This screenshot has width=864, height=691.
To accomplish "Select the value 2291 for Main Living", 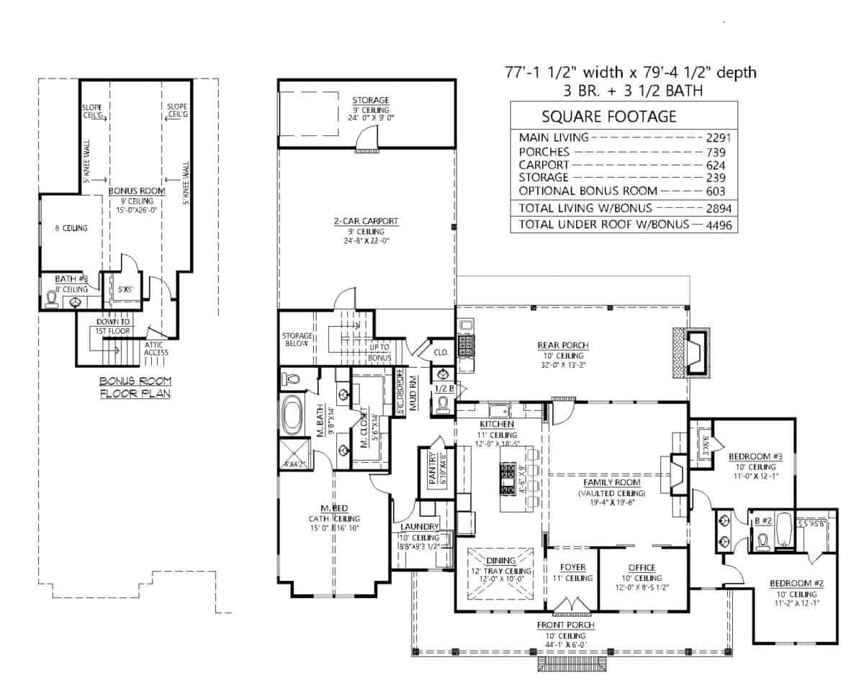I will click(715, 137).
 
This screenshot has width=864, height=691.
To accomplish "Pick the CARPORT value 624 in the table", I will click(715, 165).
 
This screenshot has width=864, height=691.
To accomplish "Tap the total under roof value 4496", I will click(715, 225).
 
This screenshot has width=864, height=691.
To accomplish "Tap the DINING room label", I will click(500, 559).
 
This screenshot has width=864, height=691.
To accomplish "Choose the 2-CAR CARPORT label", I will click(366, 221).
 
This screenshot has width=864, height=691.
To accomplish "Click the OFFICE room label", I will click(641, 567).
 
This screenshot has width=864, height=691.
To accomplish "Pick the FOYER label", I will click(573, 567).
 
